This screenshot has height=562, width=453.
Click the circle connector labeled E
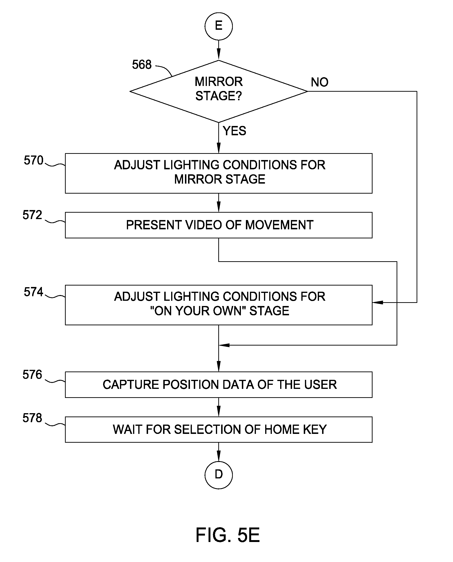[219, 26]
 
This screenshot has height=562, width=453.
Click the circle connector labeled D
[219, 475]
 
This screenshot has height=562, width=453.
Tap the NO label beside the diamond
[319, 82]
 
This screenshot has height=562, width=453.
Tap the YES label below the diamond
[234, 131]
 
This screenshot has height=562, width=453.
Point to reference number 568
[142, 65]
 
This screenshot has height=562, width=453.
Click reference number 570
[33, 160]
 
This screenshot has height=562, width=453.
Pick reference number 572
[32, 215]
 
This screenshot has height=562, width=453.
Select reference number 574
[33, 291]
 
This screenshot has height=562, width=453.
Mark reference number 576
[32, 375]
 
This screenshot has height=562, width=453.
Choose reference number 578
[32, 418]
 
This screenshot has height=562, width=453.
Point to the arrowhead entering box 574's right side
[378, 302]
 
